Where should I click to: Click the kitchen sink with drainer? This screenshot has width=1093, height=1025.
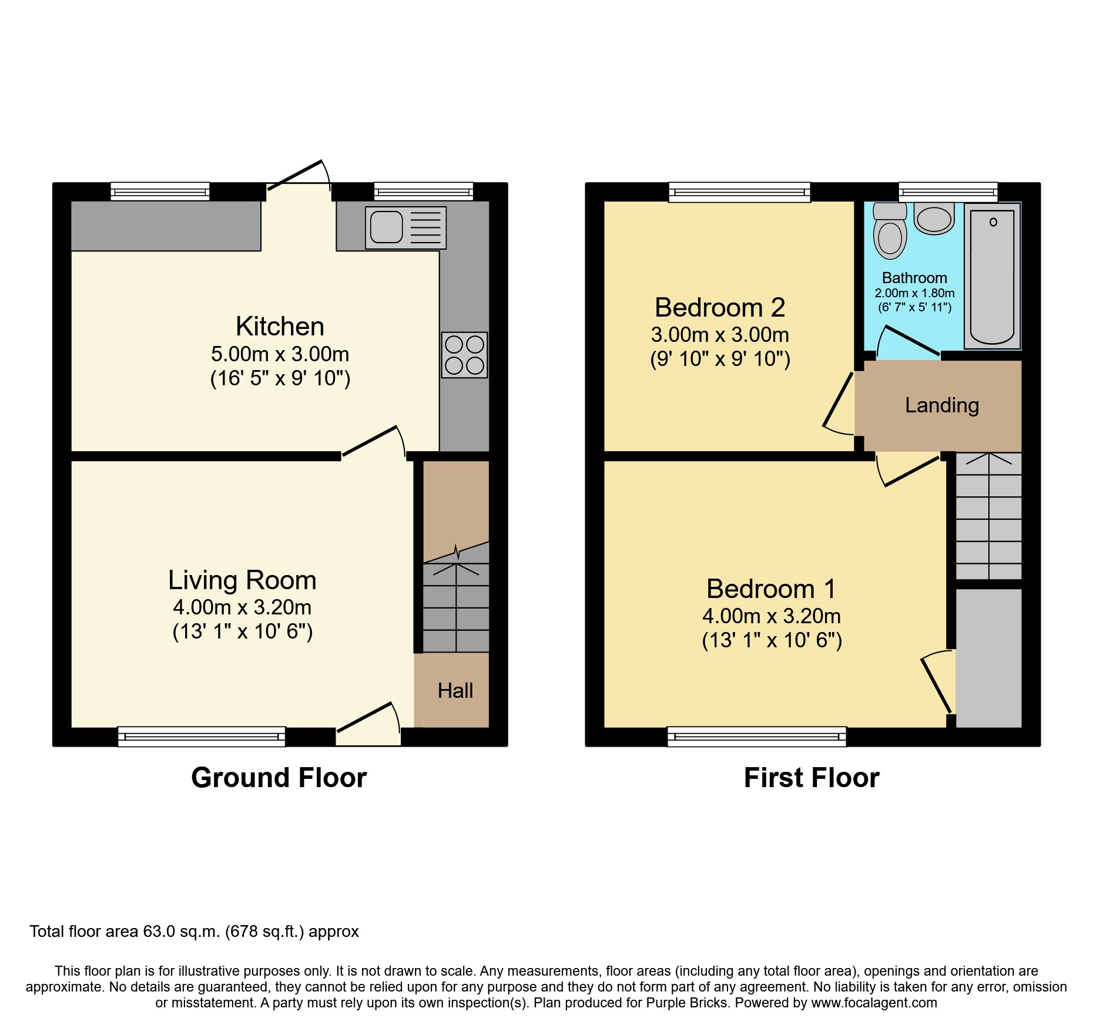tap(405, 227)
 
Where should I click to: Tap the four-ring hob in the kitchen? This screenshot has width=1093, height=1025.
tap(464, 355)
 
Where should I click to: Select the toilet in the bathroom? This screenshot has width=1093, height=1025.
tap(890, 232)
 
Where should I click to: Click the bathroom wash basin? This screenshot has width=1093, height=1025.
tap(934, 219)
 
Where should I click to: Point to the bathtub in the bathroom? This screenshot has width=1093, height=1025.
tap(992, 276)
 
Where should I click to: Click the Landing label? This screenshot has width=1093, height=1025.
tap(941, 405)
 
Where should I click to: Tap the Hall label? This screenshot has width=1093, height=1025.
tap(455, 691)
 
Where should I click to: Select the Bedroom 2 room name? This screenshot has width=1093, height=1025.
tap(720, 307)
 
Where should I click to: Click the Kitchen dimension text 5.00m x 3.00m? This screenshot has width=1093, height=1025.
tap(280, 354)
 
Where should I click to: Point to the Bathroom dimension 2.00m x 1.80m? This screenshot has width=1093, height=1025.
tap(914, 293)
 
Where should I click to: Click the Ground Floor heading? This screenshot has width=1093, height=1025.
tap(279, 778)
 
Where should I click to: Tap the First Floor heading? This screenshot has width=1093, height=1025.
tap(811, 778)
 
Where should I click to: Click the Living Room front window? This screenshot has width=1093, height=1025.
tap(202, 736)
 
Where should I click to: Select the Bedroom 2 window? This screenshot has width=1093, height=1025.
tap(739, 192)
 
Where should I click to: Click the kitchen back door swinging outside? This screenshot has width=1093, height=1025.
tap(297, 174)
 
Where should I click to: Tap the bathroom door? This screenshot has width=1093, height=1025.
tap(908, 341)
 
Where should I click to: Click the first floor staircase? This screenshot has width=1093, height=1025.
tap(988, 517)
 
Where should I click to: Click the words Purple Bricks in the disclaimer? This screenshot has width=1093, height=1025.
tap(686, 1003)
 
